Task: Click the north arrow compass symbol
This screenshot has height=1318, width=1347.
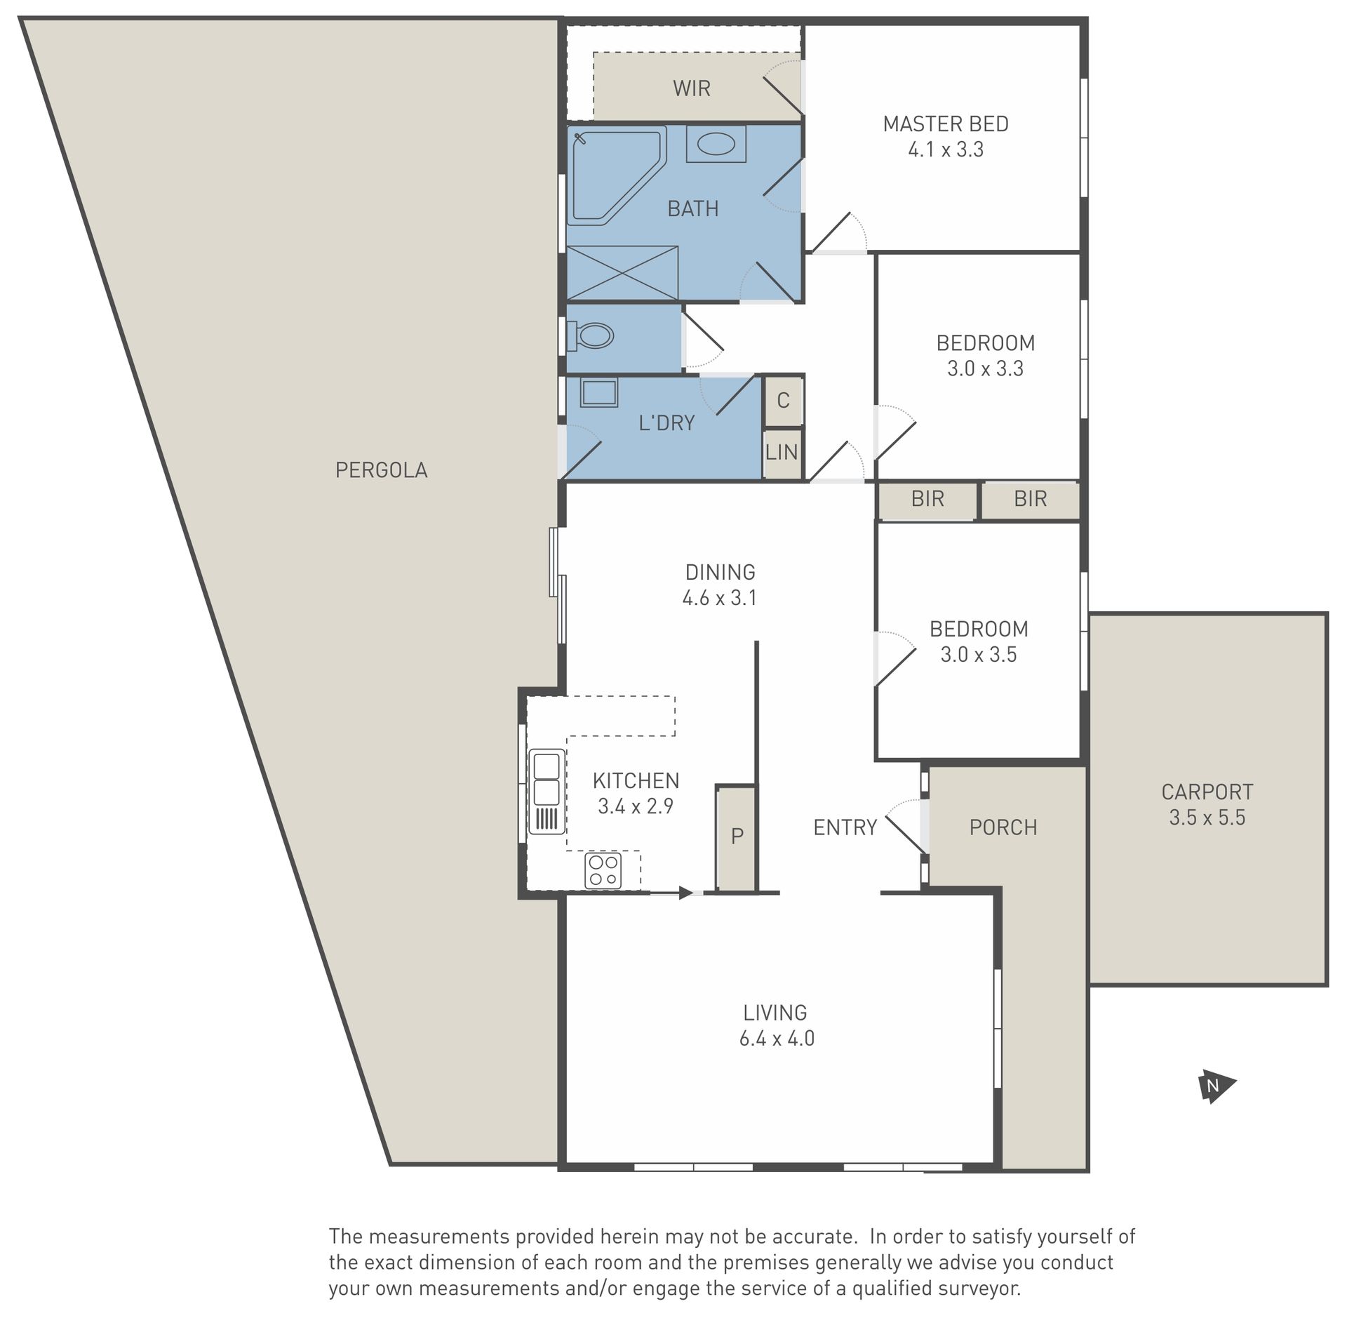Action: (x=1214, y=1086)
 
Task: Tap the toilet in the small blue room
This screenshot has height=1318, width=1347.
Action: (x=590, y=335)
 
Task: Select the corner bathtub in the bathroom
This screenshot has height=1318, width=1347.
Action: (x=615, y=175)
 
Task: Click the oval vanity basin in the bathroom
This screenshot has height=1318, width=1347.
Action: (x=716, y=145)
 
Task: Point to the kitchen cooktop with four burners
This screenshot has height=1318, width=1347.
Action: (x=603, y=870)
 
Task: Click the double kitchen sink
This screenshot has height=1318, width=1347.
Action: (x=547, y=791)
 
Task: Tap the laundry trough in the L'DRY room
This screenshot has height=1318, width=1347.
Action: (x=598, y=392)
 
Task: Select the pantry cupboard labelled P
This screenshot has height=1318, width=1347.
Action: (x=736, y=838)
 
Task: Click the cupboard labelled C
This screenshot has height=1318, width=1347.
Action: (x=783, y=401)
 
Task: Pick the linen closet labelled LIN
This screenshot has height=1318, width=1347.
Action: (x=782, y=453)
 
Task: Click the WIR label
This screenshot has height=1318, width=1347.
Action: (x=692, y=88)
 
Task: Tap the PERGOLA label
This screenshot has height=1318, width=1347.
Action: (x=382, y=470)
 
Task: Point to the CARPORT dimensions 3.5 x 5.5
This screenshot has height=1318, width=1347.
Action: (x=1207, y=818)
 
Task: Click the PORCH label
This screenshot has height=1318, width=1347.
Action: (x=1003, y=827)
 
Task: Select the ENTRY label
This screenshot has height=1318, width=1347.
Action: (x=845, y=827)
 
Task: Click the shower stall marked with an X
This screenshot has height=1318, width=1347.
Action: (x=622, y=273)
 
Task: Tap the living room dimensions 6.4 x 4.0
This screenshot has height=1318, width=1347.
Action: (x=777, y=1039)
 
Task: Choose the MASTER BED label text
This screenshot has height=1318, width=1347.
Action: (x=946, y=124)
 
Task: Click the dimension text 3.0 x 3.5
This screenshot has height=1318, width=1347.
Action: (x=979, y=655)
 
